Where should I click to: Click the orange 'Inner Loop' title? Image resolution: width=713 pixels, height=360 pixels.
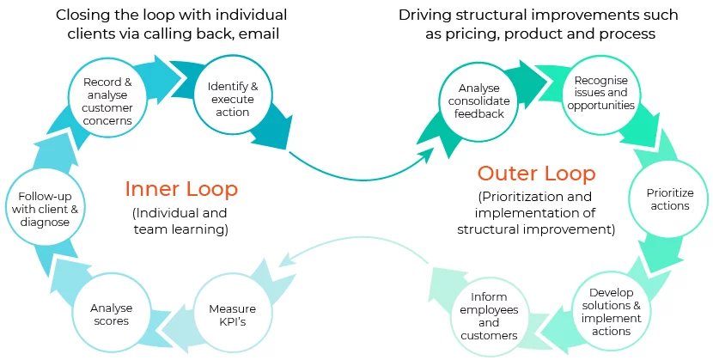pos(181,189)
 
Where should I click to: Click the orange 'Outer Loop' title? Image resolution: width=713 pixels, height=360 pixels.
pos(537,174)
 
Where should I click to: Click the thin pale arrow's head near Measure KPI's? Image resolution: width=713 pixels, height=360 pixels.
pos(285,263)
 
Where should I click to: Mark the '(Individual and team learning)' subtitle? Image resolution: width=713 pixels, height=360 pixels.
pos(180,221)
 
